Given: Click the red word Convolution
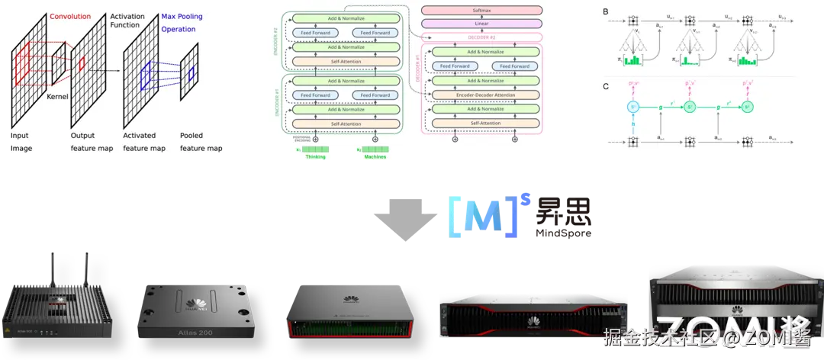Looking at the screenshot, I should point(70,15).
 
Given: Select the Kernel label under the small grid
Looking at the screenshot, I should point(58,97).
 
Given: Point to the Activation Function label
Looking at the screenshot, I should point(127,21).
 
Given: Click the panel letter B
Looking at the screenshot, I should point(606,11).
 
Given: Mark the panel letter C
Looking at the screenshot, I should point(606,86).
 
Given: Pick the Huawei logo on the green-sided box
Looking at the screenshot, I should point(351,299).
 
